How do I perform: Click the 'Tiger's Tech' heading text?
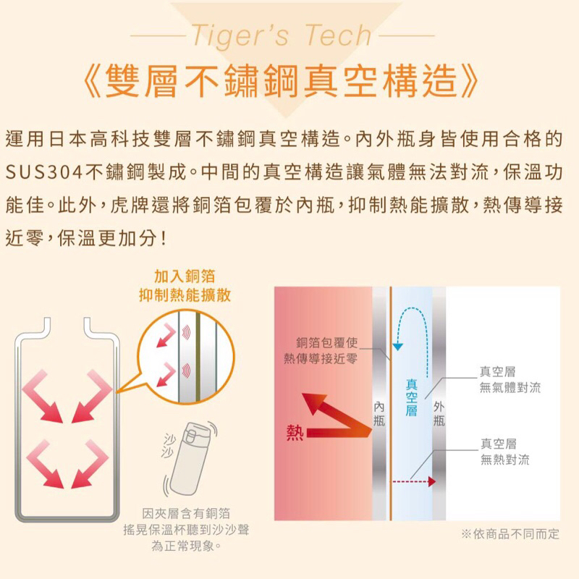coord(282,35)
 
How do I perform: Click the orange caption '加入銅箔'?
coord(185,276)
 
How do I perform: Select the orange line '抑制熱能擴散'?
coord(185,295)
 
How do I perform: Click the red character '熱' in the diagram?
coord(295,432)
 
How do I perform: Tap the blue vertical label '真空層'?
coord(411,397)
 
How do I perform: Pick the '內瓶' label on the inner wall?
coord(379,413)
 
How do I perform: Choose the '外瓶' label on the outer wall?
coord(439,413)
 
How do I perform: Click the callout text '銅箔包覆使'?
coord(327,342)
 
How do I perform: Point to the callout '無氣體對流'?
coord(510,387)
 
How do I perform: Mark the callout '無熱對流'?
coord(504,460)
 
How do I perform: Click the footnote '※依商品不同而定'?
coord(510,534)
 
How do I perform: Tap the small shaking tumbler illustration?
coord(189,458)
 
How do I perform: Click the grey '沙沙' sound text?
coord(168,446)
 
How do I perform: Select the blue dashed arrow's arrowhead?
coord(397,347)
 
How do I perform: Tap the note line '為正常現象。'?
coord(186,546)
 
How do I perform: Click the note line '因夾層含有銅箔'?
coord(186,513)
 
